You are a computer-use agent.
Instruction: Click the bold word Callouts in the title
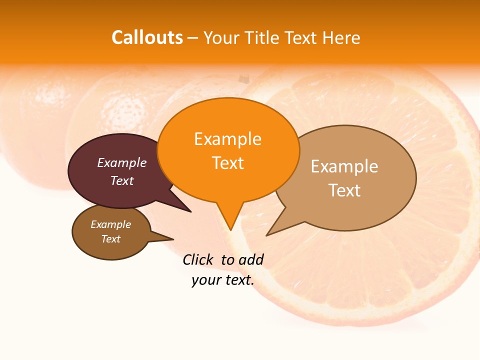(x=147, y=37)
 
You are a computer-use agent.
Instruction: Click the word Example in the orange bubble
(x=227, y=139)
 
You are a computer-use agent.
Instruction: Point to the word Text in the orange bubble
(x=227, y=163)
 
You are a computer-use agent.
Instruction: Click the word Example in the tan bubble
(x=344, y=166)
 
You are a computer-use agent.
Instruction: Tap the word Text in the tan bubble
(x=344, y=190)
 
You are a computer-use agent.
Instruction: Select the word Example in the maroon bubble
(x=121, y=162)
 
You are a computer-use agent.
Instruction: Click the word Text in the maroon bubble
(x=121, y=181)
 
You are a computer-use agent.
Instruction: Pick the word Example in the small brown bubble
(x=110, y=224)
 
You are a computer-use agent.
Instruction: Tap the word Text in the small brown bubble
(x=110, y=239)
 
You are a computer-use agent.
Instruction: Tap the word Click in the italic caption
(x=197, y=259)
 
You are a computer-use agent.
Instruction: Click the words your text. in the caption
(x=222, y=280)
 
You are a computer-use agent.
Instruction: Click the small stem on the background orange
(x=243, y=78)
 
